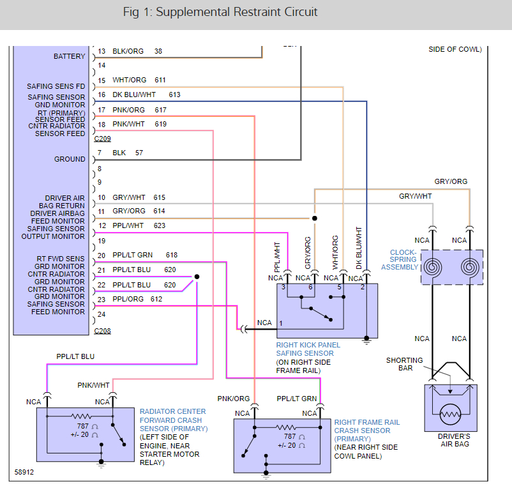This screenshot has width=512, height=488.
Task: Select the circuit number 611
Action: click(x=160, y=80)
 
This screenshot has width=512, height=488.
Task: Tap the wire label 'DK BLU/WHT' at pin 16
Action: click(x=134, y=95)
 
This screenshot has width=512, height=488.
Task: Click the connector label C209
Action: click(x=102, y=138)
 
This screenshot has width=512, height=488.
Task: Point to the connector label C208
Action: click(x=102, y=331)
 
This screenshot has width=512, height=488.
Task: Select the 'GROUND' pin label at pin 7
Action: click(x=70, y=159)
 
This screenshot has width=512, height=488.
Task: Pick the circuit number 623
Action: click(x=160, y=225)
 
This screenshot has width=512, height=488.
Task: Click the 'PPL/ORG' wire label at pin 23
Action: click(x=128, y=299)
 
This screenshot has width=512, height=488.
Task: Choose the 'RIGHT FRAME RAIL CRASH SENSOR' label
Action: click(x=367, y=426)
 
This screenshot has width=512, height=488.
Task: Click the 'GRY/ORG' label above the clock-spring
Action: click(x=451, y=182)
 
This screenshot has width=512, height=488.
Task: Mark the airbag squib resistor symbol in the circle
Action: click(x=450, y=415)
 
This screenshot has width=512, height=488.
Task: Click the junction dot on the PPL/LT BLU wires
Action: click(x=197, y=277)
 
